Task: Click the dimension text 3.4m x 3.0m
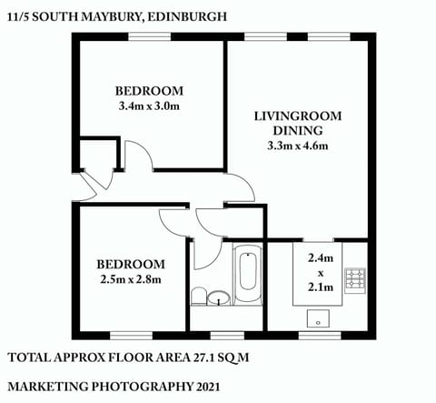[150, 106]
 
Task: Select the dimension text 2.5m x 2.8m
[129, 279]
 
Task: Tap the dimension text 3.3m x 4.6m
[297, 146]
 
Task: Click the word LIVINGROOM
[297, 116]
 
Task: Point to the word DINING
[297, 131]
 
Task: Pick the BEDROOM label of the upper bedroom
[150, 91]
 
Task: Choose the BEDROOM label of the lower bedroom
[129, 264]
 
